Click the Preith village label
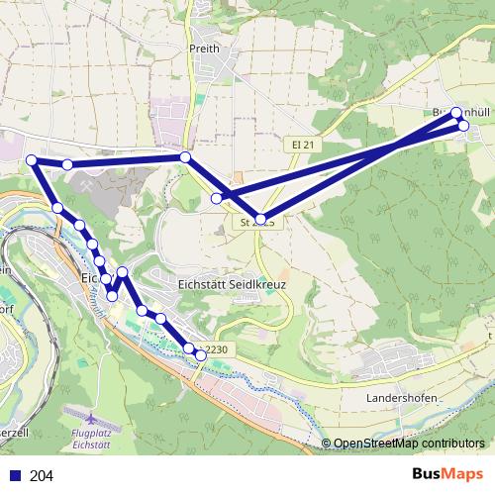[201, 47]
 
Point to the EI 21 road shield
[305, 145]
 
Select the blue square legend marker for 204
[15, 476]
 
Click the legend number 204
[42, 476]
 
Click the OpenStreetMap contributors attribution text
[409, 444]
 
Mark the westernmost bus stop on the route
[32, 160]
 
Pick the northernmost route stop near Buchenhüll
[456, 112]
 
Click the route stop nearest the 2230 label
[201, 354]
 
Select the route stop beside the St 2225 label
[261, 219]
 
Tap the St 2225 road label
[255, 224]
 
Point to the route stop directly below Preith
[185, 157]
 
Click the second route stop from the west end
[67, 164]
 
